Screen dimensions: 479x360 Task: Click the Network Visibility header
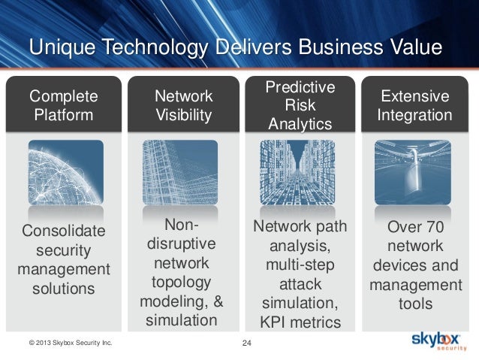pos(183,105)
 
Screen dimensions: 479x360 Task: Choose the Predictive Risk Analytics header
pos(300,105)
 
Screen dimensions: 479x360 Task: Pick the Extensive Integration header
pos(415,105)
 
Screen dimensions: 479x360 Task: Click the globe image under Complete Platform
pos(65,174)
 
